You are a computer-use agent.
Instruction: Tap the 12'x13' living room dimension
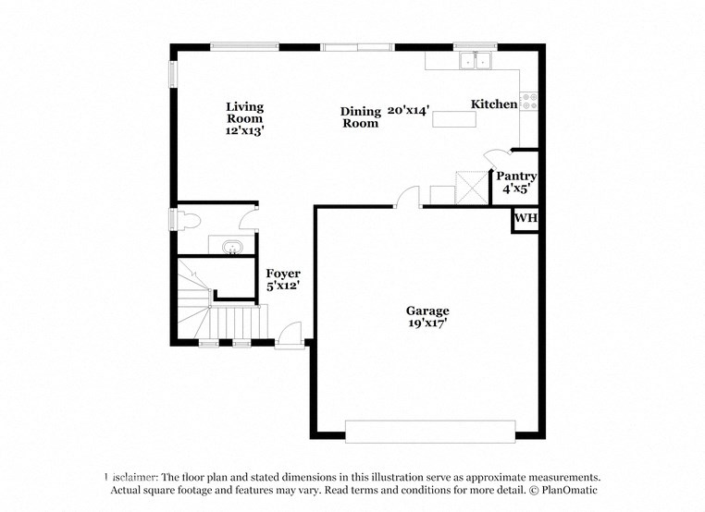[x=244, y=131]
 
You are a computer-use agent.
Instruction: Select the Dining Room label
[x=360, y=117]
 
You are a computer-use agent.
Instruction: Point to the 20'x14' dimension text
[x=408, y=110]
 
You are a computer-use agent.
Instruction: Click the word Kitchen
[x=494, y=104]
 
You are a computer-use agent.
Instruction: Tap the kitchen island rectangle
[x=453, y=118]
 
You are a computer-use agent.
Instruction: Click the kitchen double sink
[x=476, y=61]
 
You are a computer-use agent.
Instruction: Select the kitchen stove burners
[x=529, y=101]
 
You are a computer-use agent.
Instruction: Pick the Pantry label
[x=516, y=176]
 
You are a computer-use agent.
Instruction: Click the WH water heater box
[x=526, y=219]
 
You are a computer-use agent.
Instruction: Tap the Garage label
[x=427, y=311]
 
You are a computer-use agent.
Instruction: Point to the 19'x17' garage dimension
[x=427, y=324]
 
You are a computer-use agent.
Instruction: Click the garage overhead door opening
[x=430, y=431]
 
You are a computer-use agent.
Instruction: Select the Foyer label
[x=282, y=274]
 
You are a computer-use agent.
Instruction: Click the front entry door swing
[x=291, y=333]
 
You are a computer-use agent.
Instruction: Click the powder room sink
[x=230, y=247]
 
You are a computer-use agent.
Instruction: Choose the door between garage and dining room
[x=408, y=197]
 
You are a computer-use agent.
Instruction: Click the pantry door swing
[x=496, y=158]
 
